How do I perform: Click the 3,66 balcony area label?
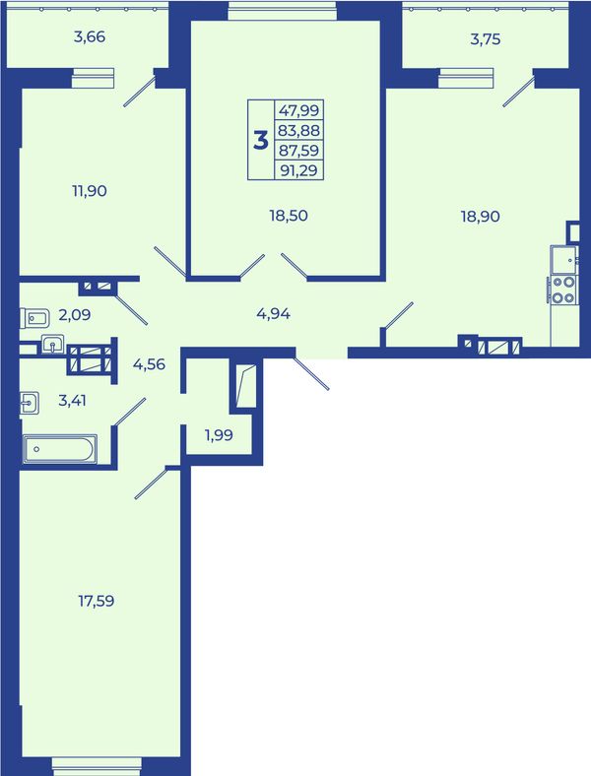[x=90, y=37]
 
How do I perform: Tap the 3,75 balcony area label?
[x=485, y=39]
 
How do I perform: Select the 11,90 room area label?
[x=90, y=190]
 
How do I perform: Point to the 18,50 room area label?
[x=289, y=216]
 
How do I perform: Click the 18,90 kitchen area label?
[x=480, y=217]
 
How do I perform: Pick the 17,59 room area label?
[x=96, y=601]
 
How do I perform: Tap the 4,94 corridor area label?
[x=273, y=313]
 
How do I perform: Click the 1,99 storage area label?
[x=219, y=435]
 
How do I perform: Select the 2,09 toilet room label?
[x=75, y=314]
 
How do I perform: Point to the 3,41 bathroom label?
[x=72, y=400]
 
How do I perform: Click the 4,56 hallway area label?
[x=149, y=364]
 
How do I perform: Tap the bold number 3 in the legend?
[x=261, y=141]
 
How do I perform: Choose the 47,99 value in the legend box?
[x=299, y=110]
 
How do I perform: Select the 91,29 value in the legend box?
[x=299, y=170]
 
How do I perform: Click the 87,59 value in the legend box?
[x=299, y=151]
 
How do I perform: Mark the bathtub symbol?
[x=59, y=449]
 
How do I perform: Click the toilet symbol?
[x=34, y=318]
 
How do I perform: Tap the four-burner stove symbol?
[x=563, y=290]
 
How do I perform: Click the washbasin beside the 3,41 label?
[x=30, y=403]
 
